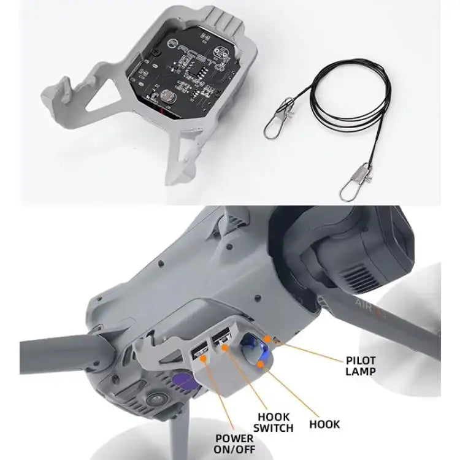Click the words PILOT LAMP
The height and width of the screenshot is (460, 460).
click(360, 366)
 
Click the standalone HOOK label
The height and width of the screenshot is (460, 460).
click(324, 424)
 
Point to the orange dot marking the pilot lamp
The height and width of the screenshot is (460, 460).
click(268, 339)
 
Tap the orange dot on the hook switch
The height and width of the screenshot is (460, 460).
click(226, 348)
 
